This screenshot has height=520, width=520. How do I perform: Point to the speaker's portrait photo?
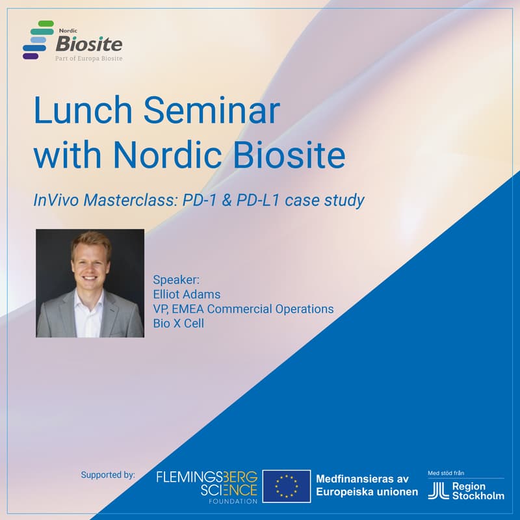tap(90, 283)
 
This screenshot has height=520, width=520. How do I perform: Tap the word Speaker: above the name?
tap(177, 280)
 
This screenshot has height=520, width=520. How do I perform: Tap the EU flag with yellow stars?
tap(286, 486)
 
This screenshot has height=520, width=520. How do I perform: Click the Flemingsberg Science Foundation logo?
tap(207, 485)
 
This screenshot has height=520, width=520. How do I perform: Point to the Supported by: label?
tap(108, 474)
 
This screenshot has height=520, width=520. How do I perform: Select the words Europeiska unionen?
tap(367, 492)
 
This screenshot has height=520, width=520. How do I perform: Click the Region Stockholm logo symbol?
tap(436, 491)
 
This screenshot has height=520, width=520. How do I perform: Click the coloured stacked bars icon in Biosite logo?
tap(37, 40)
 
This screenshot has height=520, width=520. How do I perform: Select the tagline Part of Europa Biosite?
tap(88, 58)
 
